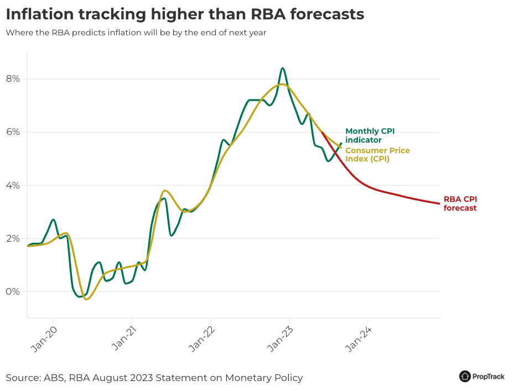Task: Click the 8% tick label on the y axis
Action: (13, 79)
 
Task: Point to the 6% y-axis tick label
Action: (13, 132)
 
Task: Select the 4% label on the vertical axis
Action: (13, 185)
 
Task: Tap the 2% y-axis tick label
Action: (13, 238)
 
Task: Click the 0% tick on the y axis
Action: (13, 291)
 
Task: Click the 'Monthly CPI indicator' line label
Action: (370, 135)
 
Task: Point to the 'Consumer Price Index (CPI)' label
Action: (377, 154)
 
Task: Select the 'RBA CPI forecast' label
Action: (460, 204)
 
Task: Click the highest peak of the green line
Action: (283, 68)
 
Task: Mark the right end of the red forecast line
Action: (439, 204)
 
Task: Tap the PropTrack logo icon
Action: (465, 376)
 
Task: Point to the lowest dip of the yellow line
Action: (87, 299)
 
